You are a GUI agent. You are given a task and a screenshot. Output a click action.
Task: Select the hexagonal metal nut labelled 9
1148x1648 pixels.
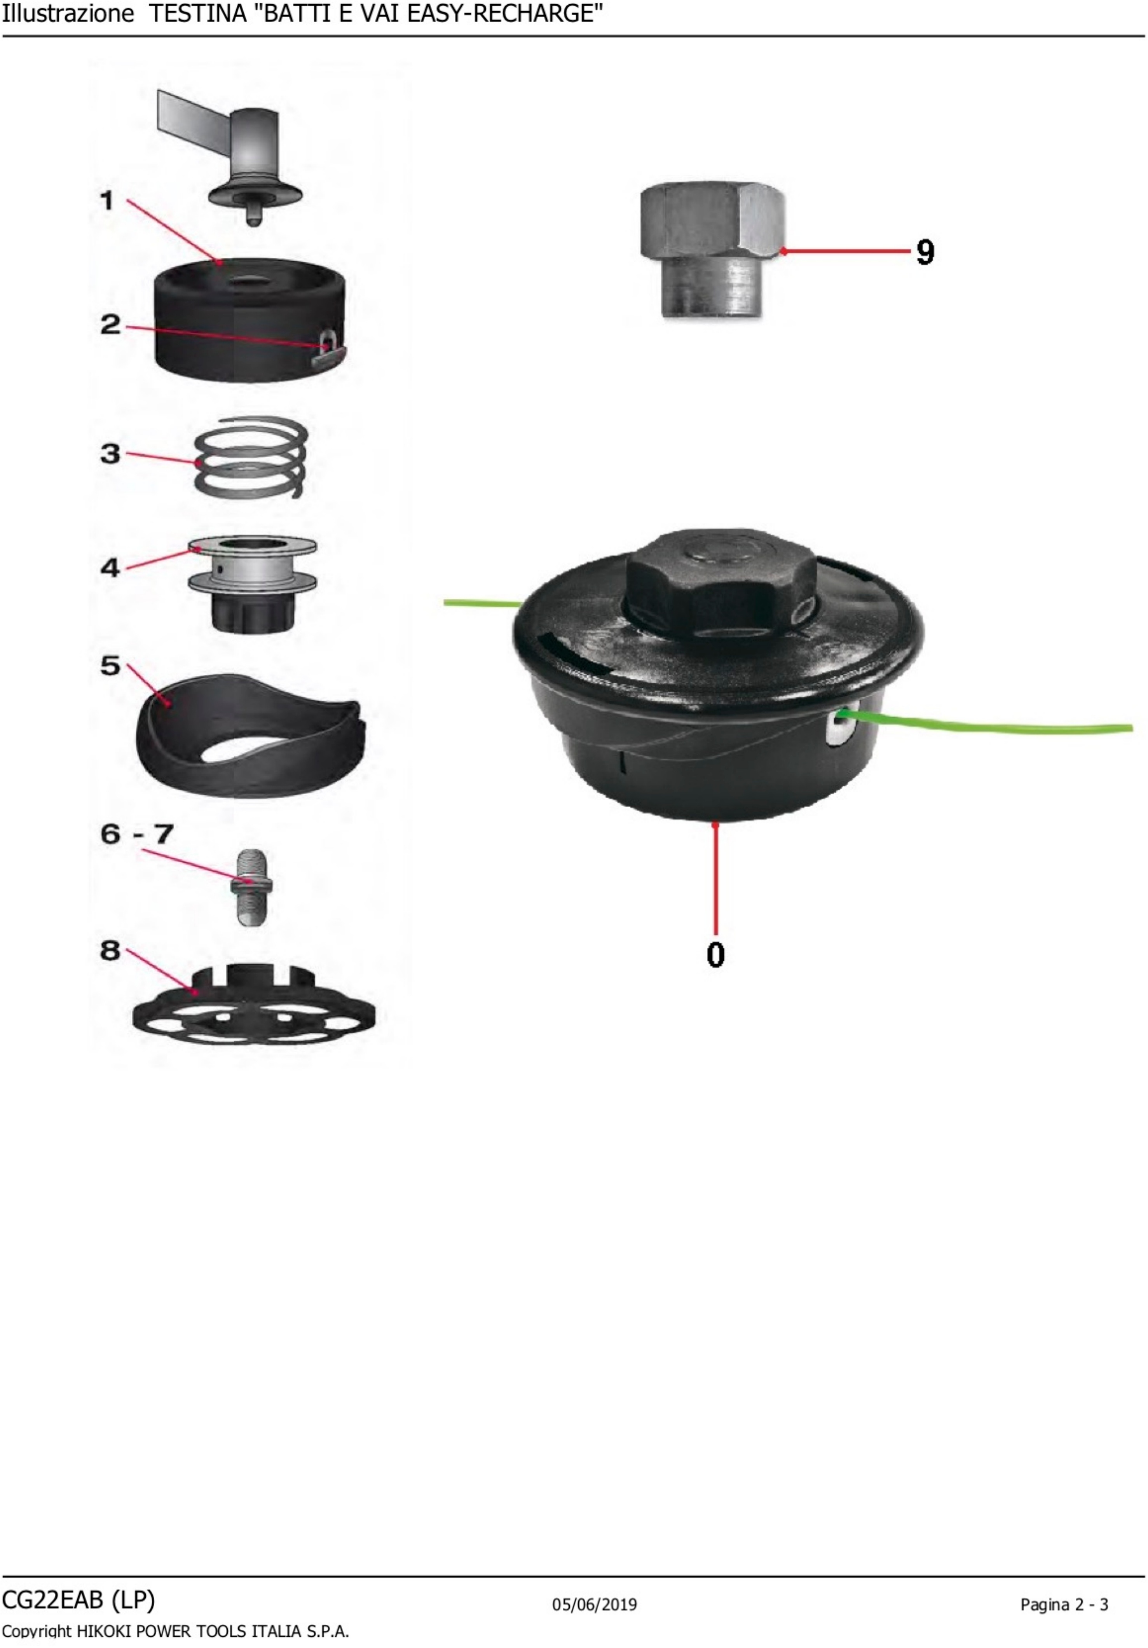click(712, 249)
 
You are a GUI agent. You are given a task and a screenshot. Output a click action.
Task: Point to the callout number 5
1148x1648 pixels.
click(110, 665)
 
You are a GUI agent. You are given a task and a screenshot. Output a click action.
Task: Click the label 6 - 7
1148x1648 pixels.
click(136, 834)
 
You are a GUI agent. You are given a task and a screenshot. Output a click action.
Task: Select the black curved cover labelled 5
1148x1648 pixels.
click(250, 736)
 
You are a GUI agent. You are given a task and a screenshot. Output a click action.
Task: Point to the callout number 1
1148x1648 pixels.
click(107, 200)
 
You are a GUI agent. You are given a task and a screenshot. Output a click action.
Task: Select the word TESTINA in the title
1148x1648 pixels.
click(197, 14)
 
